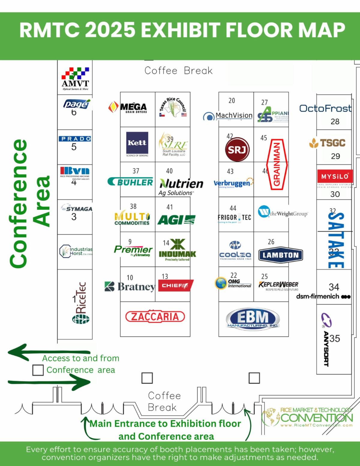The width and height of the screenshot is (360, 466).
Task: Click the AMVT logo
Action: point(75,79)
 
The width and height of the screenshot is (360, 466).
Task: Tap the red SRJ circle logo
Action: point(237,149)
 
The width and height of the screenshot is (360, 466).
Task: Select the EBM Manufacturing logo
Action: point(253,319)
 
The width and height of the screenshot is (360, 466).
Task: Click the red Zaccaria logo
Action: point(155,316)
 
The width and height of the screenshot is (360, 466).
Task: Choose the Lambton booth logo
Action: point(280,255)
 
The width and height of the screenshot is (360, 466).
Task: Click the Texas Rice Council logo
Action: point(173,108)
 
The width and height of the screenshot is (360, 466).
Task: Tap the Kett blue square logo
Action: point(137,143)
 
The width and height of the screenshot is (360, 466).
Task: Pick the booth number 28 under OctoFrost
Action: point(335,122)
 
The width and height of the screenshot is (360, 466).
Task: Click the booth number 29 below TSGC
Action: point(335,156)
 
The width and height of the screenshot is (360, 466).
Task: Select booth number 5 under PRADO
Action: point(74,147)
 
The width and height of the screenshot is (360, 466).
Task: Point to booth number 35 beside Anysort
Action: point(335,338)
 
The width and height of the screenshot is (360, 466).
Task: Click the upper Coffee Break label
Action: point(178,71)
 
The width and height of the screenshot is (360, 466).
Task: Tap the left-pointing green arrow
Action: point(48,352)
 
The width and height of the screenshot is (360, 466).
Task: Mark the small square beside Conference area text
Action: point(38,370)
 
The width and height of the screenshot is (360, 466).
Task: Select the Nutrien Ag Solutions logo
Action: point(181,186)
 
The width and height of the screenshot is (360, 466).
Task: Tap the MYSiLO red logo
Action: point(334,176)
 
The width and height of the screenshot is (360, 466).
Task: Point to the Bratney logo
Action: point(130,287)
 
